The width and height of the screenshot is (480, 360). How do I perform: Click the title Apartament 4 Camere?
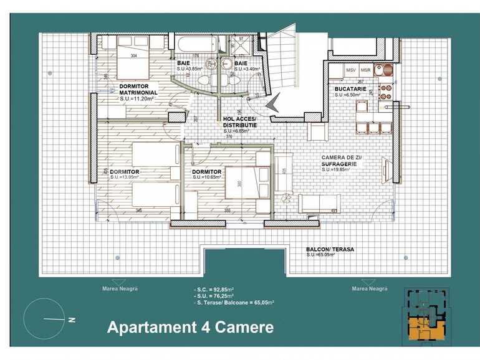click(190, 327)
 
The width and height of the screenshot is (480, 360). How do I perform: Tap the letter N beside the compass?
click(72, 320)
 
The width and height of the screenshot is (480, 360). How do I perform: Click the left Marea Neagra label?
click(120, 289)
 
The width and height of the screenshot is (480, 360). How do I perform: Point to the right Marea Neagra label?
click(370, 289)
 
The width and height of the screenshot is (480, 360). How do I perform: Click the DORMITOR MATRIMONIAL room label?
click(138, 88)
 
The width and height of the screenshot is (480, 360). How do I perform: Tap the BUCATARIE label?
click(350, 88)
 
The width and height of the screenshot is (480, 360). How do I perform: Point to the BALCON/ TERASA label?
click(330, 249)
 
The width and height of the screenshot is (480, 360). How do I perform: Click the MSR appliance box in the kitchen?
click(366, 70)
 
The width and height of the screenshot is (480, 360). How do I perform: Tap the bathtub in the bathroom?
click(195, 45)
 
